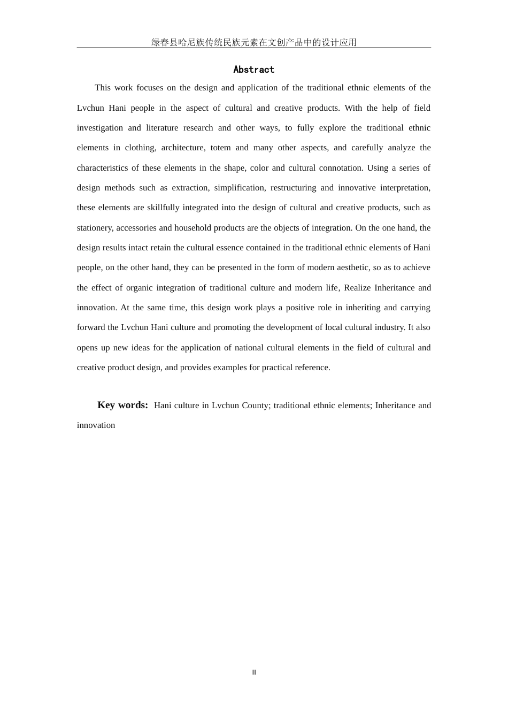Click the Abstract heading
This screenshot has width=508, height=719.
pos(253,70)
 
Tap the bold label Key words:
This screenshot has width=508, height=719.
pos(122,405)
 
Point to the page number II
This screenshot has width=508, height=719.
pos(254,672)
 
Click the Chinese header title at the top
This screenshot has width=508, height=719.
pos(253,42)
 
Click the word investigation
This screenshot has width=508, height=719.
pos(100,128)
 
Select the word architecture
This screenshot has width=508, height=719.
pos(183,148)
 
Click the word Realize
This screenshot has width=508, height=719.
pos(357,288)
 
